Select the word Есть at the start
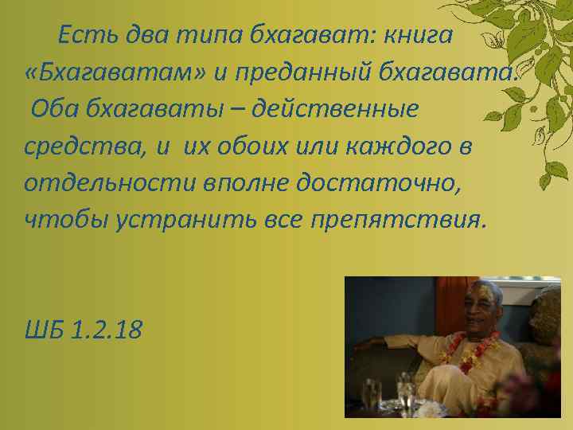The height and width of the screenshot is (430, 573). tap(86, 35)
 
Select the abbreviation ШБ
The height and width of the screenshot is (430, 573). tap(44, 329)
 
